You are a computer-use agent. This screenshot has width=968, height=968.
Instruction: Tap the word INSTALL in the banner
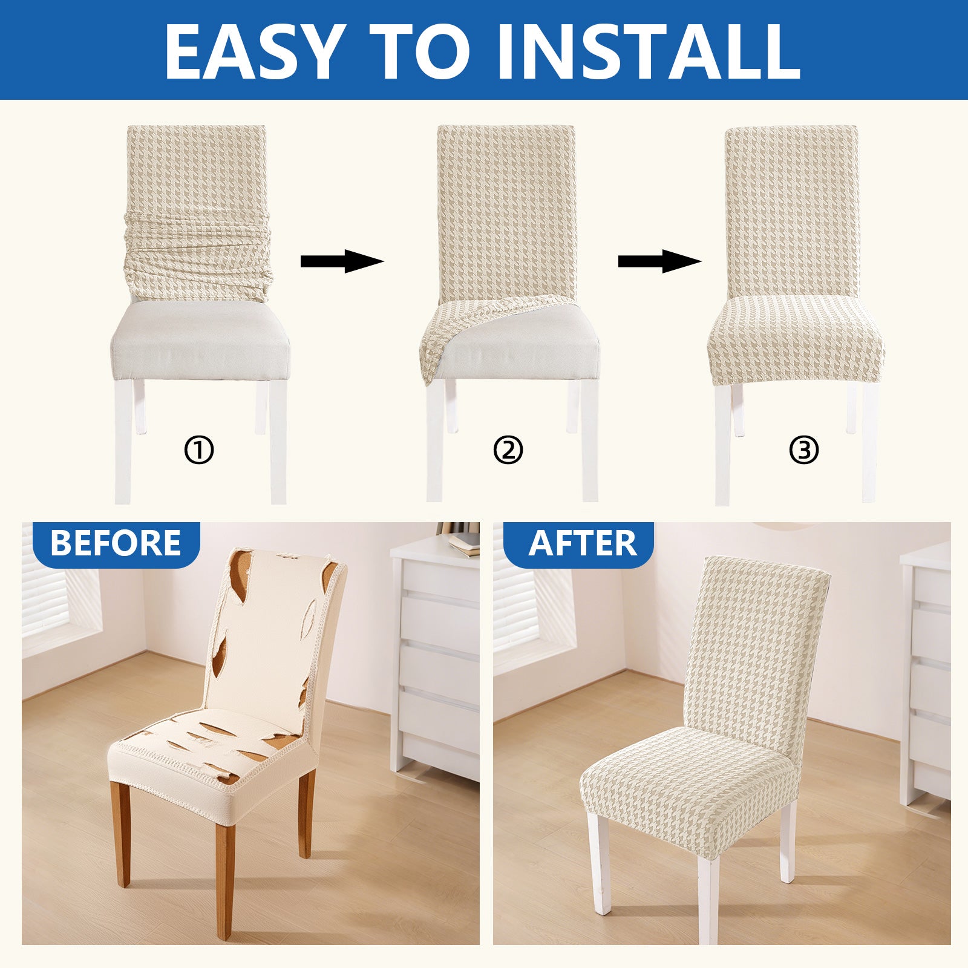(647, 51)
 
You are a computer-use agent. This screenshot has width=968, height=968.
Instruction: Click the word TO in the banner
(419, 51)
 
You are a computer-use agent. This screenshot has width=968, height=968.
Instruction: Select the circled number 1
(199, 450)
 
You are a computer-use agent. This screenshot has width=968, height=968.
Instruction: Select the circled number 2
(508, 450)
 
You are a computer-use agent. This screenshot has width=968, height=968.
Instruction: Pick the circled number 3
(804, 450)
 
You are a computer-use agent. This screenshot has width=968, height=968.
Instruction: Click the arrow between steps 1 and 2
(342, 261)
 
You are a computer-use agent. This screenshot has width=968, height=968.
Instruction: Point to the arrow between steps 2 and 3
(659, 261)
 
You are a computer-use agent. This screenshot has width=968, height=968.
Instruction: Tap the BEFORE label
(116, 543)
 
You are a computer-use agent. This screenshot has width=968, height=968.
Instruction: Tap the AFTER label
(582, 543)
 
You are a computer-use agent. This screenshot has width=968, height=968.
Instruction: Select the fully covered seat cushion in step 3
(796, 339)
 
